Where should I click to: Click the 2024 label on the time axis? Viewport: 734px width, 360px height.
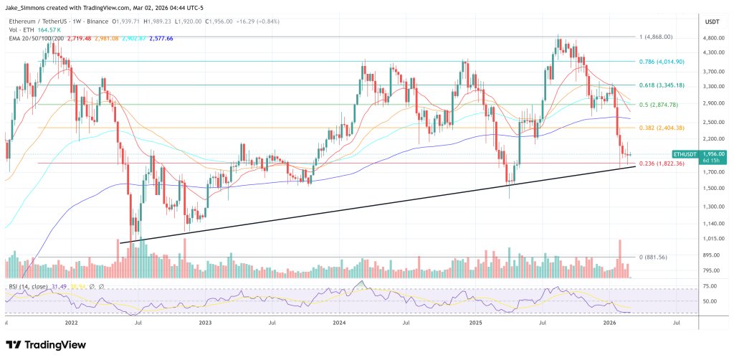click(340, 323)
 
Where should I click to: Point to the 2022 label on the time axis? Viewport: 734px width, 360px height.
click(71, 323)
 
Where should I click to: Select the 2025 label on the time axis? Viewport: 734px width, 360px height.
click(475, 323)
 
